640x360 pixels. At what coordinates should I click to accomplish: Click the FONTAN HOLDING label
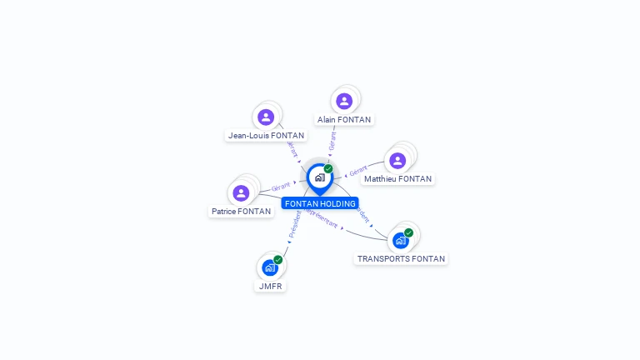click(320, 203)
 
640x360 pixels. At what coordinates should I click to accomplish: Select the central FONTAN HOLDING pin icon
click(319, 177)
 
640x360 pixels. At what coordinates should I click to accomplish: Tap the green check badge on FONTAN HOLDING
click(328, 169)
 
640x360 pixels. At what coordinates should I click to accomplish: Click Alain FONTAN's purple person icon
click(344, 101)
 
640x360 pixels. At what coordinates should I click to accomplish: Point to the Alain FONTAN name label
click(344, 120)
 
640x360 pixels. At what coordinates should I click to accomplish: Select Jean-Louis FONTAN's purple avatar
click(266, 117)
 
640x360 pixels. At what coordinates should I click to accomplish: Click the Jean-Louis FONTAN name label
click(266, 135)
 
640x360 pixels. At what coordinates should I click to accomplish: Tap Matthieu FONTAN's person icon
click(398, 160)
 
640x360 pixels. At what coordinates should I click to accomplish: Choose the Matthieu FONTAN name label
click(398, 179)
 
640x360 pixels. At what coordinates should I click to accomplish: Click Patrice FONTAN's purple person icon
click(241, 192)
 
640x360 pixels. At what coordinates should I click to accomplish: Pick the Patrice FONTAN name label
click(241, 212)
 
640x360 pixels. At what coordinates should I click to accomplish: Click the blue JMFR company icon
click(269, 267)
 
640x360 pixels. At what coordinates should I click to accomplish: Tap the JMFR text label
click(270, 286)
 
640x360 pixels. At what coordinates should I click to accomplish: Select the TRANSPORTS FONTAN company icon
click(401, 241)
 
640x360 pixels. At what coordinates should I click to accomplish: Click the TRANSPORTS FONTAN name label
click(401, 259)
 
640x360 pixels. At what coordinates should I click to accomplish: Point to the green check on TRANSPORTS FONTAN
click(408, 232)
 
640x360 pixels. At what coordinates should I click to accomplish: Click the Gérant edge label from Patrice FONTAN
click(281, 187)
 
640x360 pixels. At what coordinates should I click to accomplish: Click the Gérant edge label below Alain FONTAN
click(332, 142)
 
